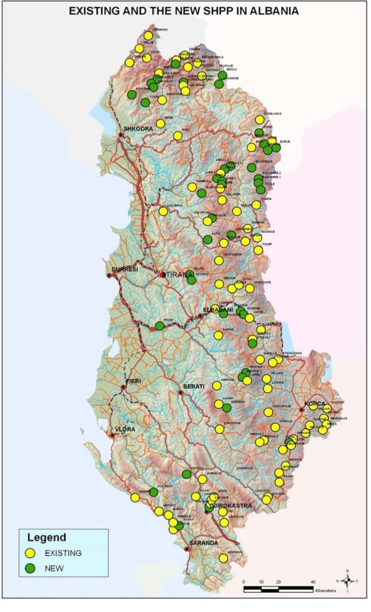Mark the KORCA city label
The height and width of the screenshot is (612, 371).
(x=315, y=403)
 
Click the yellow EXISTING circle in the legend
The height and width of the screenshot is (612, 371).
(x=32, y=553)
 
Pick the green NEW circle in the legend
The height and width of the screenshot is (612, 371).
(x=32, y=568)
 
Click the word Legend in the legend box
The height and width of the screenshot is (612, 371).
(x=42, y=537)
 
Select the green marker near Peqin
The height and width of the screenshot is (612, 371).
(x=160, y=326)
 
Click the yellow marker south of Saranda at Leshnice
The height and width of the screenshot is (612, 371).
(x=223, y=558)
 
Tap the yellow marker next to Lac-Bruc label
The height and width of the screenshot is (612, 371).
(x=163, y=211)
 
